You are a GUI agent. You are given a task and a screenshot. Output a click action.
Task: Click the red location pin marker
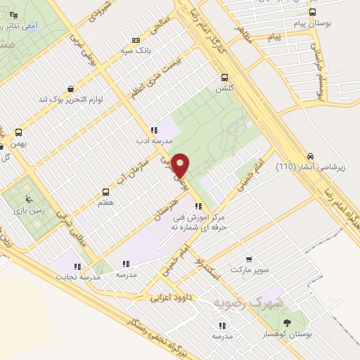tap(181, 165)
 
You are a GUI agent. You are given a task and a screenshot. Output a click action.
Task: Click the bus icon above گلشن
tap(225, 77)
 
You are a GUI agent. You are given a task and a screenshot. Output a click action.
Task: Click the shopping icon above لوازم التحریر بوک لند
tap(71, 89)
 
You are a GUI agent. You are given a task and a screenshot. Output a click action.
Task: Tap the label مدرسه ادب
tap(154, 140)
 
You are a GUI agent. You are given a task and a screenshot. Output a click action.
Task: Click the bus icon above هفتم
tap(106, 191)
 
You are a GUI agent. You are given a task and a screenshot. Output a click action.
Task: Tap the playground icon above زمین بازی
tap(28, 198)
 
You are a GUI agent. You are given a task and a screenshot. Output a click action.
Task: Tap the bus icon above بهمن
tap(18, 131)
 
